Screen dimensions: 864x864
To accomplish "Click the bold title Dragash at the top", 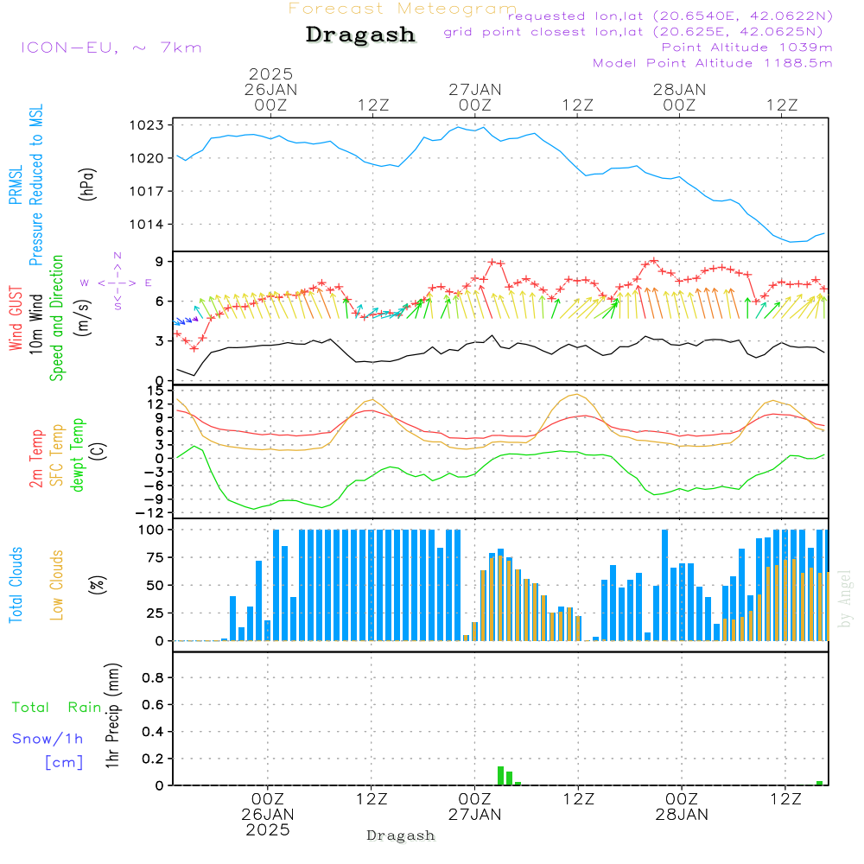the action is [x=360, y=35].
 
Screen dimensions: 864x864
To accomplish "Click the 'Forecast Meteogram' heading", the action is [x=403, y=9].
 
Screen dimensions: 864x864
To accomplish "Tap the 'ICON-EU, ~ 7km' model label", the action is [x=111, y=48].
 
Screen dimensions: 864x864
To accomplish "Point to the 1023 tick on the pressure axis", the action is [x=147, y=125].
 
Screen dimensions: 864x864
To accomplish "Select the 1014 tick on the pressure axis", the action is [x=147, y=225].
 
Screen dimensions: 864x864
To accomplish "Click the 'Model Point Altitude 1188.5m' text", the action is [x=713, y=63].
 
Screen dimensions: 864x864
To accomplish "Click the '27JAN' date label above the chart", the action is [x=475, y=89].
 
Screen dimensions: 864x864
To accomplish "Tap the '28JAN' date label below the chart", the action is [x=682, y=815].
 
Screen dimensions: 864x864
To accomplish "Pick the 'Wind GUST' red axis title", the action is [x=16, y=318].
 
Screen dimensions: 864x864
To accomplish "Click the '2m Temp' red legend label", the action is [x=35, y=459].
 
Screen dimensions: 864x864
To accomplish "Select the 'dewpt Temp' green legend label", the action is [x=77, y=454].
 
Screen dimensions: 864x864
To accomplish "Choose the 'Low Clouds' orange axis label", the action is [x=56, y=585].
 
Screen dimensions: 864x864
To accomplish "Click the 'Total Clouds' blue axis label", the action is [x=16, y=585].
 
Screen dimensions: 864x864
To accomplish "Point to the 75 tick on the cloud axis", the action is [x=155, y=557].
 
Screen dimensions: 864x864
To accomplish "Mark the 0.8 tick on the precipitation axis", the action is [x=153, y=677].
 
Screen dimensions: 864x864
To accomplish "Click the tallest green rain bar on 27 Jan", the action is [x=501, y=776].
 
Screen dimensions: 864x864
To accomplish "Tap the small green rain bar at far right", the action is [x=819, y=783].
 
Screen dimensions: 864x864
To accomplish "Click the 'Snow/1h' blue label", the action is [x=48, y=739].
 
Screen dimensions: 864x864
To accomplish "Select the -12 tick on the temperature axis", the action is [x=149, y=513].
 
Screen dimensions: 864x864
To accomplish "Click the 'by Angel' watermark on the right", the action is [x=845, y=599].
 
